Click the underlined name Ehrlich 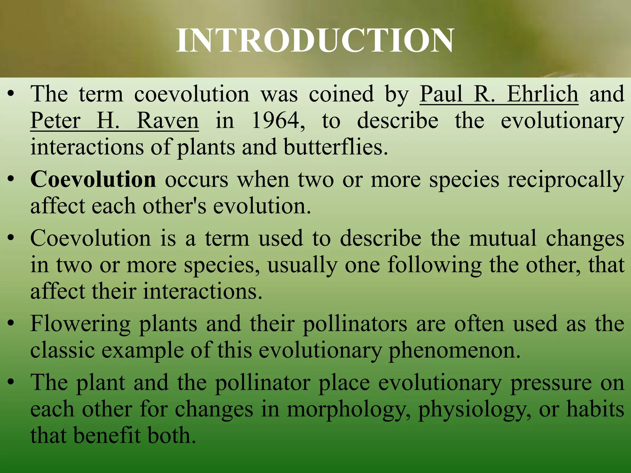543,94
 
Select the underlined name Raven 168,120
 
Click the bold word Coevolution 93,179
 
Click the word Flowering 80,324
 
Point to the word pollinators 355,324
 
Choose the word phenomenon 454,350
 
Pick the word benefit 107,435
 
